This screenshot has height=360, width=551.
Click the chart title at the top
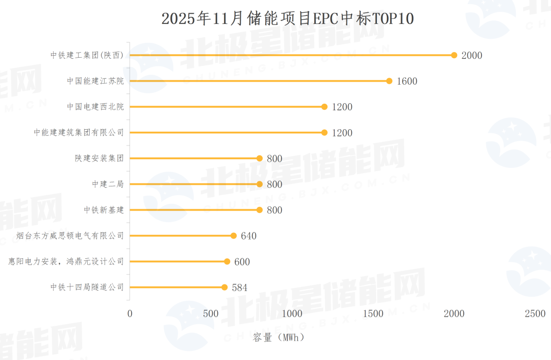click(287, 19)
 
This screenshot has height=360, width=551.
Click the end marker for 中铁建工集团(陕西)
click(454, 55)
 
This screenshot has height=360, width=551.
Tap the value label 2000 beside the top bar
click(471, 56)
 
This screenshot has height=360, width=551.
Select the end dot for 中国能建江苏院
click(389, 81)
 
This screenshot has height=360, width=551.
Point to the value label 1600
click(407, 81)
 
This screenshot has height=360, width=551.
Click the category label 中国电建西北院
click(95, 107)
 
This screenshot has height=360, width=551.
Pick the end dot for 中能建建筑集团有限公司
click(324, 132)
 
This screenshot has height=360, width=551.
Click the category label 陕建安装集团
click(99, 158)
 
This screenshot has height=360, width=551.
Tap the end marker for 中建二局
click(260, 184)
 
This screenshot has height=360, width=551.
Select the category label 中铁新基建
click(104, 210)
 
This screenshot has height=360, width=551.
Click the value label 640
click(248, 236)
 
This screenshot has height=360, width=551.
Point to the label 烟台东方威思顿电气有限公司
click(70, 236)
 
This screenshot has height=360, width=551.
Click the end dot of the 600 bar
click(227, 261)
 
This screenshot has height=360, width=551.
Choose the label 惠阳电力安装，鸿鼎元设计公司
click(66, 261)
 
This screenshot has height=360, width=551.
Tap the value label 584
click(239, 287)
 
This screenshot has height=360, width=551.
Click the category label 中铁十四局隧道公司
click(87, 287)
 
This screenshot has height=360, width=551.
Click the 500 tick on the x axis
click(211, 314)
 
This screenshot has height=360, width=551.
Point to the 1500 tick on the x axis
click(373, 314)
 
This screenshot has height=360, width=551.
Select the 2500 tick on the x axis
click(535, 314)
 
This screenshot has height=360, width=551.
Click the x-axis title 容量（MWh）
click(279, 338)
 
